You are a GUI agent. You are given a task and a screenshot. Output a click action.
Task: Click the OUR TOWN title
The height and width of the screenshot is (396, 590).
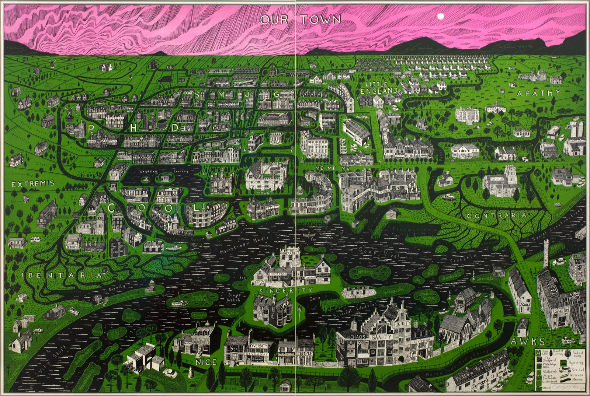tap(300, 19)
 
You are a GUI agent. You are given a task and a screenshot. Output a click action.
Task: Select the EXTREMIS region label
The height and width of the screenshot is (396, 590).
tap(32, 183)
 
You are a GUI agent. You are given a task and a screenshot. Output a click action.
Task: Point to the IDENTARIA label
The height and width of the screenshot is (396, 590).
tap(62, 275)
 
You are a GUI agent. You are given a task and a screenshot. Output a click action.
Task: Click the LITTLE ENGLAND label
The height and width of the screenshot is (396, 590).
tap(379, 88)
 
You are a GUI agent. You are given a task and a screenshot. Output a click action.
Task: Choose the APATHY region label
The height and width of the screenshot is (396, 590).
tap(538, 93)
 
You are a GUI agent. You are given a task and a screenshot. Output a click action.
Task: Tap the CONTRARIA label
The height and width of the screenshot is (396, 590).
tap(496, 215)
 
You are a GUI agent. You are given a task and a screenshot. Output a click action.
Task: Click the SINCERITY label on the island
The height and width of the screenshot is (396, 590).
tap(286, 291)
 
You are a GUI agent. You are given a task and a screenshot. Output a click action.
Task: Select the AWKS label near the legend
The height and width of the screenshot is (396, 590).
tap(522, 341)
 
